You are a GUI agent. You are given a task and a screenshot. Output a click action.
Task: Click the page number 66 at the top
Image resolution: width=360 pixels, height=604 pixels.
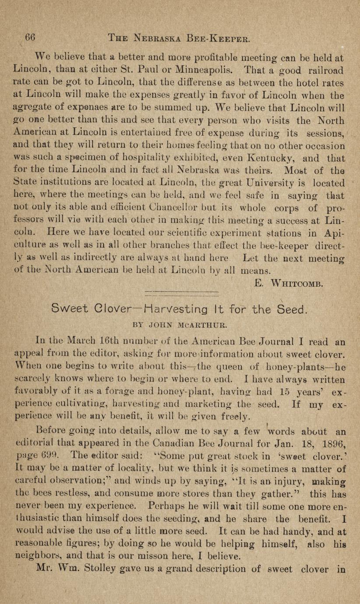[30, 38]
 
